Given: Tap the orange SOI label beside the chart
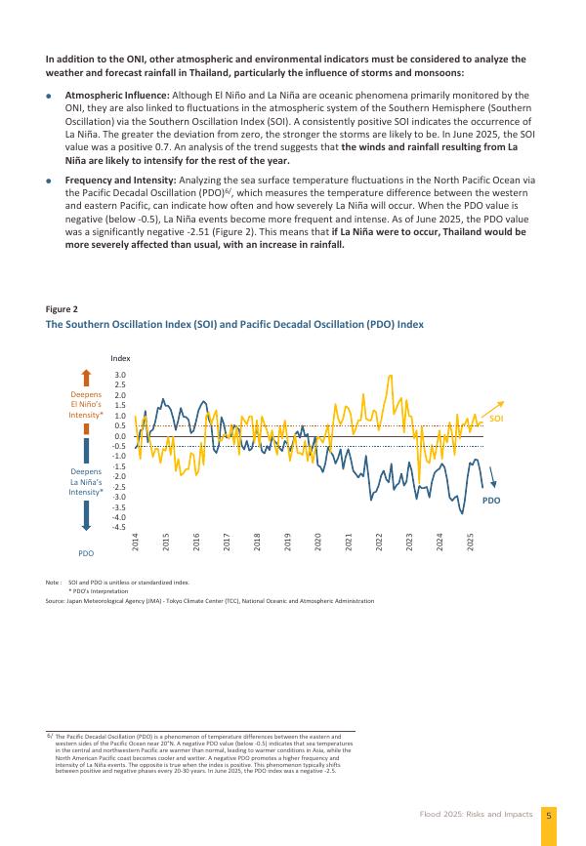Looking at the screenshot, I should point(496,418).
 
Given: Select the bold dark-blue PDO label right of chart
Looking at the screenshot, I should point(490,500).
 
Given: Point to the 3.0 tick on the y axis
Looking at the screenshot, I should point(119,375).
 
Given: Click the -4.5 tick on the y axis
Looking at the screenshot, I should point(118,527).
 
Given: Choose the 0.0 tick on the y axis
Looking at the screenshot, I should point(119,436).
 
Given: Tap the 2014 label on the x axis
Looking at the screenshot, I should point(135,539).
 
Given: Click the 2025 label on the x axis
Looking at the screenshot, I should point(471,539).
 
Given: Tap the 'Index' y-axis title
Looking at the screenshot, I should point(119,358).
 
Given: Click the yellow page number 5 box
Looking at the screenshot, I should point(549,814).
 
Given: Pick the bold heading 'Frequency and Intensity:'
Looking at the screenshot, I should point(115,181).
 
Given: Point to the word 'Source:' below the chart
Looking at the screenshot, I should point(56,601).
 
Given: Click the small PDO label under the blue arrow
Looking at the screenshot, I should point(87,553).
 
